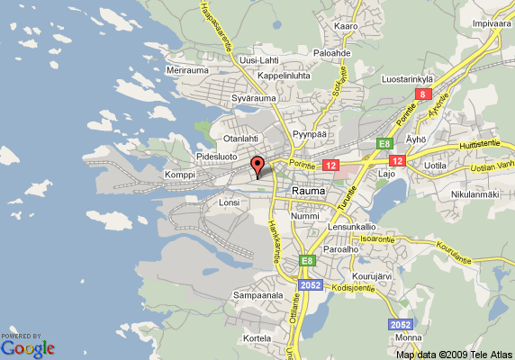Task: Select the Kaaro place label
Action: (x=347, y=26)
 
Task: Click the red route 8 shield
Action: (x=422, y=94)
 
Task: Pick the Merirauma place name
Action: (x=188, y=69)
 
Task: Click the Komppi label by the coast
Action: (x=180, y=174)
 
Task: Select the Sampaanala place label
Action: (x=258, y=294)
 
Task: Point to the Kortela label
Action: (x=257, y=337)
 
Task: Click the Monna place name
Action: (x=408, y=337)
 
